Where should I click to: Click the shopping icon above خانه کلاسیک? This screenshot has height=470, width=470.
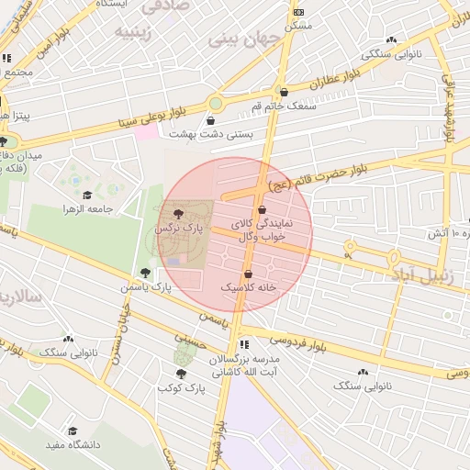click(x=248, y=274)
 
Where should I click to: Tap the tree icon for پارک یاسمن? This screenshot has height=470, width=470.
click(x=145, y=272)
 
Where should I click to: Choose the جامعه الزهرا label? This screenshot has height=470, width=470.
click(x=88, y=209)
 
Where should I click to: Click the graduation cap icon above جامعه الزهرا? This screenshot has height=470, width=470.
click(x=87, y=195)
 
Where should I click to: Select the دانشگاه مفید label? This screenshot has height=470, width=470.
click(x=73, y=445)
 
